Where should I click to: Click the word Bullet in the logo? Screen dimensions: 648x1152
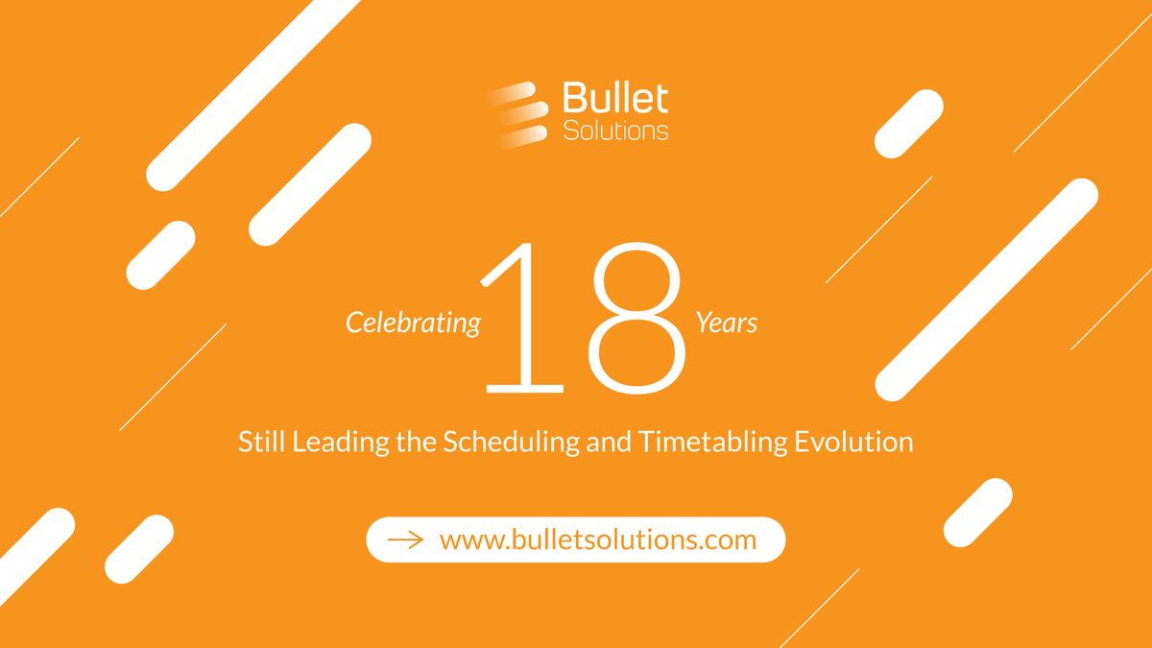[x=615, y=100]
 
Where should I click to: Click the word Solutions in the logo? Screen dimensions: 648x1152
[x=615, y=130]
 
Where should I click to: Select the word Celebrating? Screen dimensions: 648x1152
[x=413, y=324]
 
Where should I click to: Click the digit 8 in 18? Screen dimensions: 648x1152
[x=639, y=317]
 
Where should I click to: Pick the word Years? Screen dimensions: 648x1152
[x=727, y=324]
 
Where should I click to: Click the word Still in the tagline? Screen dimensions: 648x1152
[x=261, y=443]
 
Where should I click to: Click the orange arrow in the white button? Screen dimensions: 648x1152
[x=405, y=540]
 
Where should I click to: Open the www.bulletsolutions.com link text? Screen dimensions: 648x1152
[x=597, y=540]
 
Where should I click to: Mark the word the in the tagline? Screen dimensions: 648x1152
[x=409, y=443]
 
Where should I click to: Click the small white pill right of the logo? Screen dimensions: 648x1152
[x=908, y=124]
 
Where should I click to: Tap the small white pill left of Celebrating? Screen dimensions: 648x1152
[x=161, y=254]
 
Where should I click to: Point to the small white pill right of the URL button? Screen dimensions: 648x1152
[x=977, y=513]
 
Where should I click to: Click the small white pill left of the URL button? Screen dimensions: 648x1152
[x=138, y=549]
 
